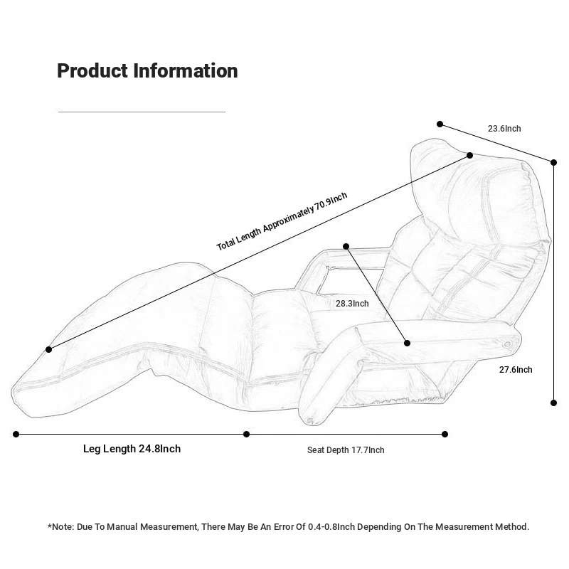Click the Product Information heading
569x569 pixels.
[147, 71]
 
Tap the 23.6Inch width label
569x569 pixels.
[504, 129]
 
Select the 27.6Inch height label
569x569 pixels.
[516, 369]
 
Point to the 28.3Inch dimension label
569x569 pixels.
[352, 304]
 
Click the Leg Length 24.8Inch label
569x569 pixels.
[132, 449]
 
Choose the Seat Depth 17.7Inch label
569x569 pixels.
[346, 450]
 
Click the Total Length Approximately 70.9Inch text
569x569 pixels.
[282, 221]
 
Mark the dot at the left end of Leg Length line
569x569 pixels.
[16, 434]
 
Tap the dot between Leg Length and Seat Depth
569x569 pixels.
[247, 434]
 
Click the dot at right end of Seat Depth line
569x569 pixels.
[445, 434]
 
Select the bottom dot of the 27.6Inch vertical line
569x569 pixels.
[554, 403]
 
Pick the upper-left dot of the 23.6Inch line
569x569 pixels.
[440, 124]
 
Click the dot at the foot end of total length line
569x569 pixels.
[48, 349]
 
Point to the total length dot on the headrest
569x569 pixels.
[469, 155]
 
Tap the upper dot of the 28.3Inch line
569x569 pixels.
[346, 246]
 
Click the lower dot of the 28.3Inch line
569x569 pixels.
[408, 343]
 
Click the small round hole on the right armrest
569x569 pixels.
[507, 344]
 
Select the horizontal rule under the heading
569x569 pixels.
[142, 112]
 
